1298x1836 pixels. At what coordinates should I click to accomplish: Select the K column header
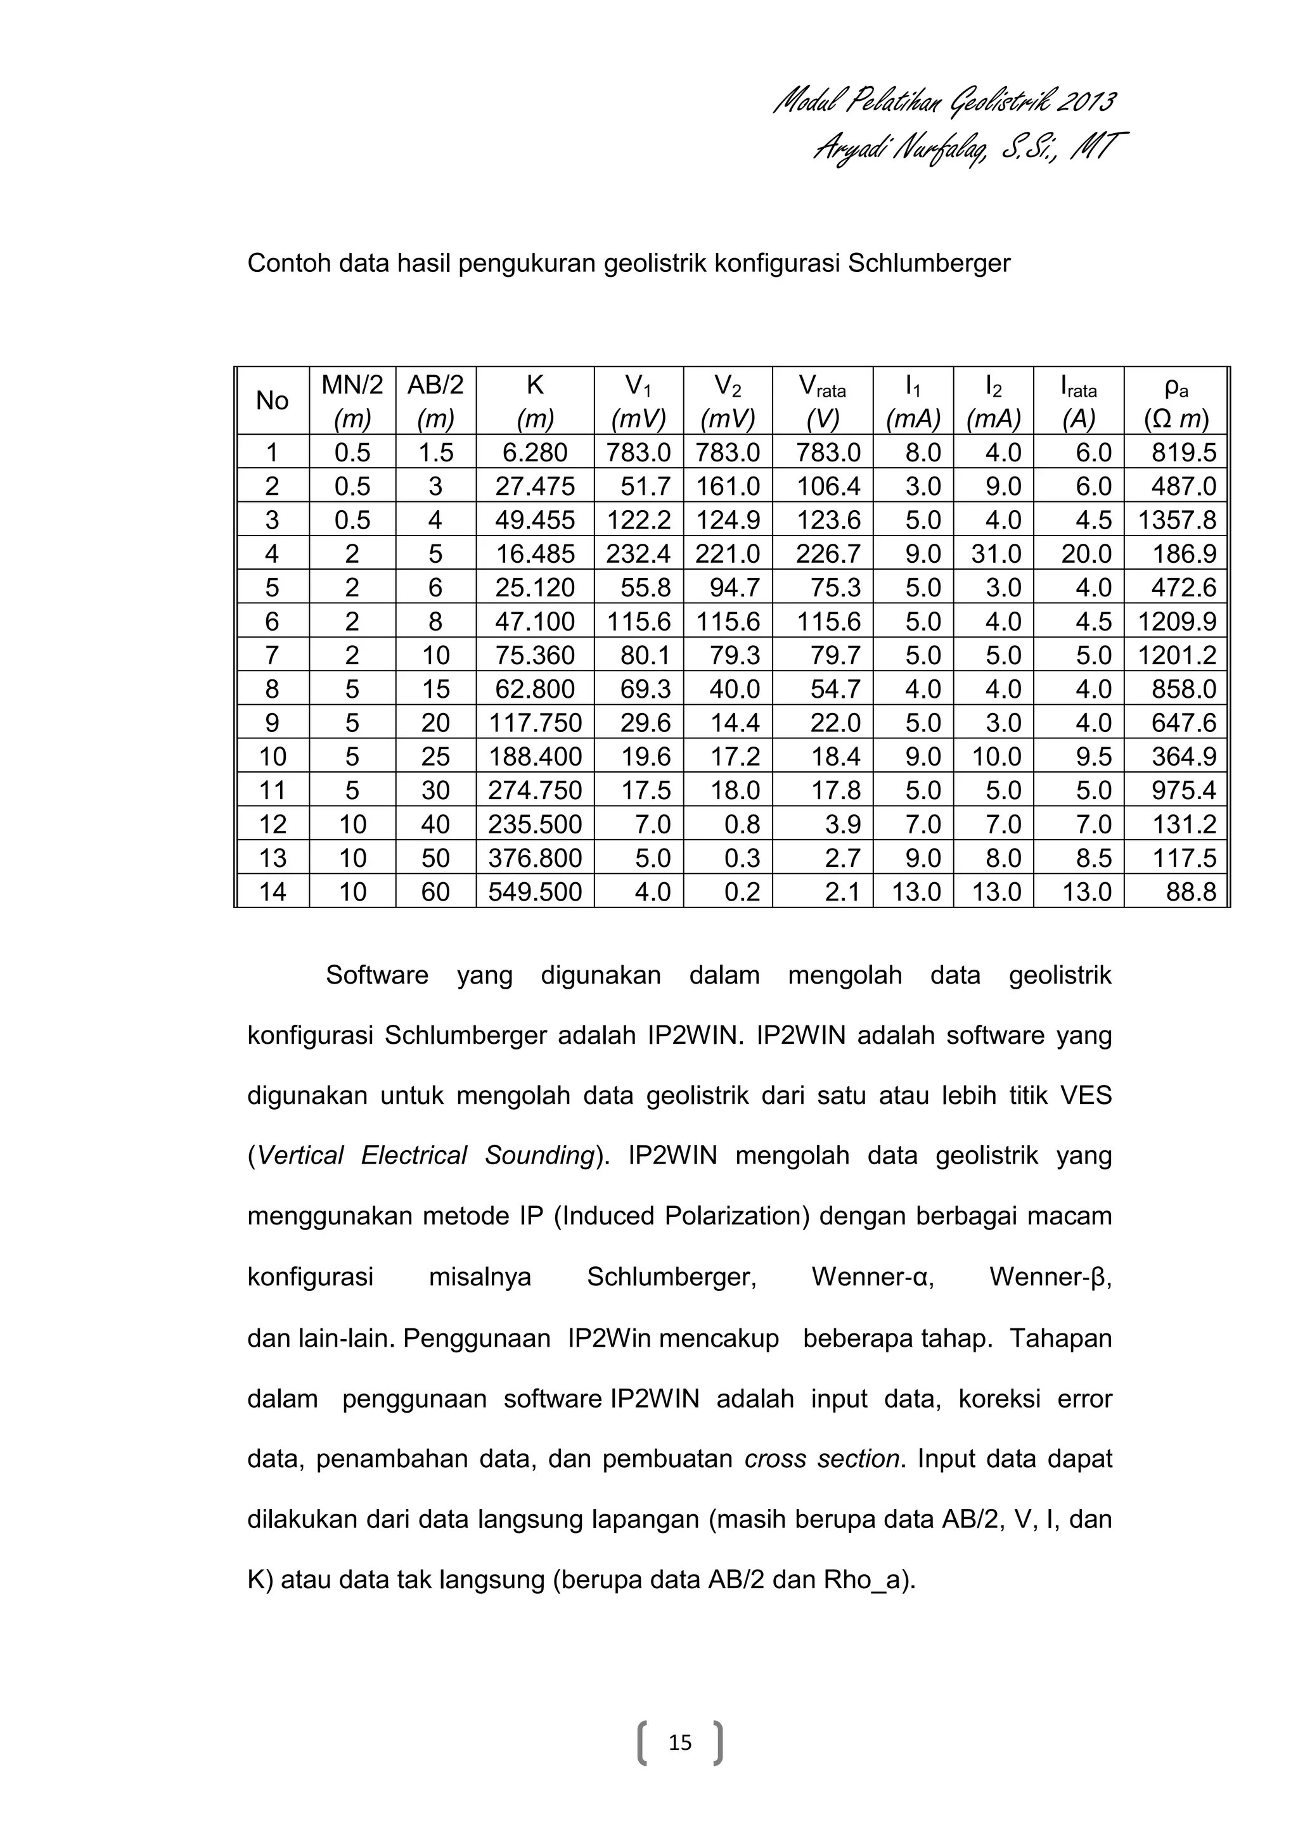[535, 401]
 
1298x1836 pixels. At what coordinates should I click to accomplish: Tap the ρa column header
[1176, 401]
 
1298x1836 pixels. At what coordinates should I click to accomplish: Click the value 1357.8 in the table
[1176, 520]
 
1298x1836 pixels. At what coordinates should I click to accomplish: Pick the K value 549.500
[535, 891]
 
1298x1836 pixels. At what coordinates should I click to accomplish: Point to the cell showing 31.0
[996, 554]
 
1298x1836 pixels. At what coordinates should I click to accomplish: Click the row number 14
[272, 891]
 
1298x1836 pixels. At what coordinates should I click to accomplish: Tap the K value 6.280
[535, 453]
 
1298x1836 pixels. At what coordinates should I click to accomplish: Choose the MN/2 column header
[352, 401]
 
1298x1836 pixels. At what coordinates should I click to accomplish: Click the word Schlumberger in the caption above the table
[929, 263]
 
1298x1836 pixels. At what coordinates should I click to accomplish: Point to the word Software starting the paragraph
[376, 975]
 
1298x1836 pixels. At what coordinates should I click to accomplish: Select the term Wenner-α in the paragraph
[873, 1277]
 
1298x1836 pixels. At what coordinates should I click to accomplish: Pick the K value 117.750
[535, 723]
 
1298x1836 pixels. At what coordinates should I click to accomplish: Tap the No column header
[272, 401]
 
